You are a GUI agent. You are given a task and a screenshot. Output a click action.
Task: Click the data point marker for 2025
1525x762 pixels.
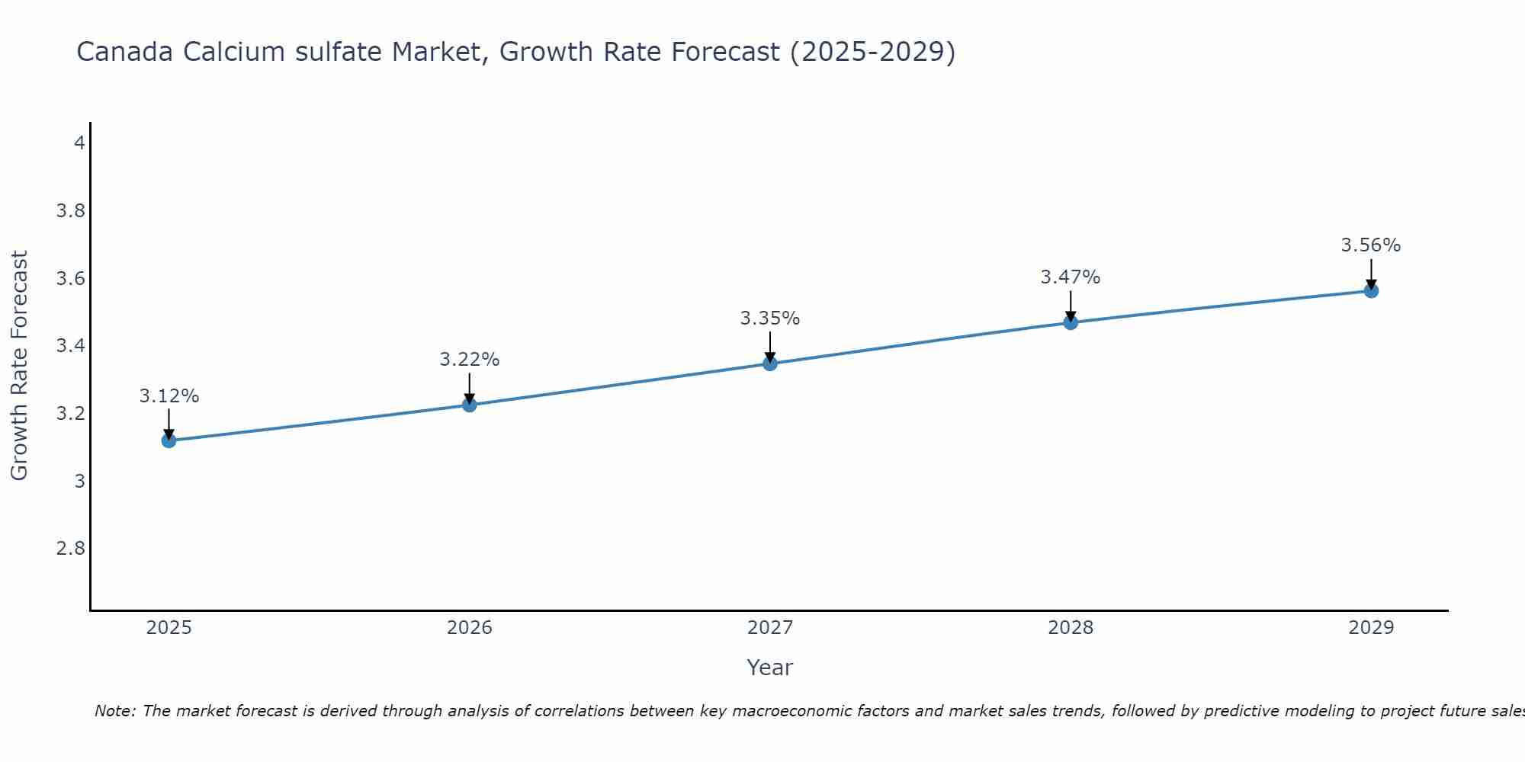pyautogui.click(x=169, y=440)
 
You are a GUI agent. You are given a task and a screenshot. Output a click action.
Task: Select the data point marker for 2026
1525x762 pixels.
pyautogui.click(x=470, y=405)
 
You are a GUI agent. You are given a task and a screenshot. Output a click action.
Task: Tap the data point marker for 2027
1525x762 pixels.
pyautogui.click(x=770, y=363)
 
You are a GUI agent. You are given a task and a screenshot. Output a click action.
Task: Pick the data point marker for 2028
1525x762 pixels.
pyautogui.click(x=1071, y=322)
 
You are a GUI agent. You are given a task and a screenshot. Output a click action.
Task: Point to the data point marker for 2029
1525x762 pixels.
pyautogui.click(x=1371, y=290)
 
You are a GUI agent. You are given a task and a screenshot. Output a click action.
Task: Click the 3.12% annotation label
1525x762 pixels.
pyautogui.click(x=169, y=396)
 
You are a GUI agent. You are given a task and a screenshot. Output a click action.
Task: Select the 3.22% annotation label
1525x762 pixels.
pyautogui.click(x=470, y=360)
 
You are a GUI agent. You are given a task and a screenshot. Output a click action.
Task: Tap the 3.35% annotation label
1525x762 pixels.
pyautogui.click(x=770, y=319)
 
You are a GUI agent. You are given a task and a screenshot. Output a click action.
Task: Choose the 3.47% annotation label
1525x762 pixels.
pyautogui.click(x=1071, y=277)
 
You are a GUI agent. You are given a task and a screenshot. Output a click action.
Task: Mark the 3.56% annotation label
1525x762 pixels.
pyautogui.click(x=1371, y=245)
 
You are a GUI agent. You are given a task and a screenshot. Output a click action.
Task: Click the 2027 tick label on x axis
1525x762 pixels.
pyautogui.click(x=770, y=628)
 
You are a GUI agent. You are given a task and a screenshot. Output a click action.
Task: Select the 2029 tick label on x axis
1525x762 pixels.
pyautogui.click(x=1371, y=628)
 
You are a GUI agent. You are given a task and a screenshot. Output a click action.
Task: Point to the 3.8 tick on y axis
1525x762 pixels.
pyautogui.click(x=71, y=210)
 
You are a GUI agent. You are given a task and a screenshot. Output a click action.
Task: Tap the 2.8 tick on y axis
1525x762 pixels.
pyautogui.click(x=71, y=549)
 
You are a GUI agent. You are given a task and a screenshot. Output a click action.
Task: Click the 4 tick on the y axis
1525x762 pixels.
pyautogui.click(x=79, y=142)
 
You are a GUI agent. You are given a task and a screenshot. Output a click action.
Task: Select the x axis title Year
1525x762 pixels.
pyautogui.click(x=770, y=668)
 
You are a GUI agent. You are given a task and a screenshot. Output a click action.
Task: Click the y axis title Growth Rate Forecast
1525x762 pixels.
pyautogui.click(x=19, y=366)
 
